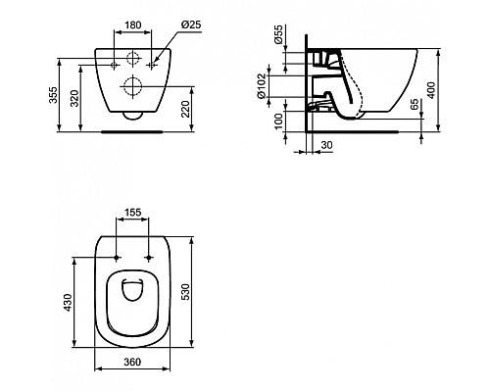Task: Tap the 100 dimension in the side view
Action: tap(277, 121)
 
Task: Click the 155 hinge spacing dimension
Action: tap(135, 212)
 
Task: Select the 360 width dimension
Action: tap(134, 363)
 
